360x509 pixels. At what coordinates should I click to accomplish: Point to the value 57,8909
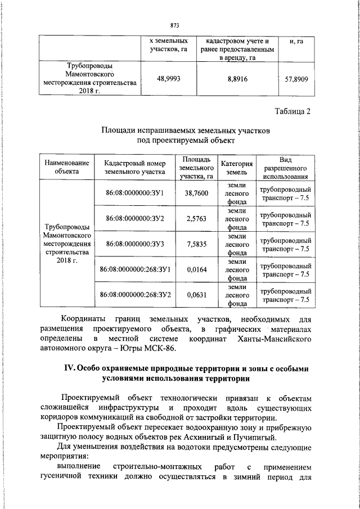point(297,79)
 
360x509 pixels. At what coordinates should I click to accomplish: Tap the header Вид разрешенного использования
point(285,167)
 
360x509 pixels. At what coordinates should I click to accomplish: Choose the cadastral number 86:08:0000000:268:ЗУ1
point(134,269)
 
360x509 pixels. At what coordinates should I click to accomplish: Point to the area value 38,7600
point(196,193)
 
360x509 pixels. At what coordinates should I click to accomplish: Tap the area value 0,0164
point(196,269)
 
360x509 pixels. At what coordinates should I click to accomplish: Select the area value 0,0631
point(196,294)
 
